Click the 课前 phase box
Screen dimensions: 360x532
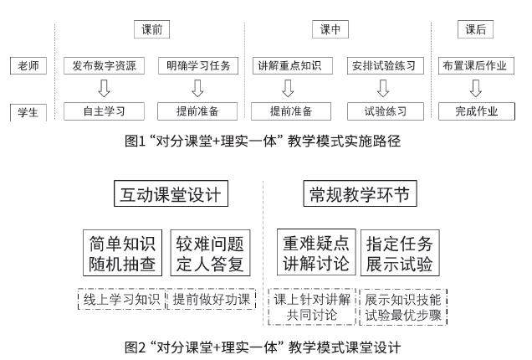[x=152, y=29]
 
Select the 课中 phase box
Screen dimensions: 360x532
[x=330, y=29]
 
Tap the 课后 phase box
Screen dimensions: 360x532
[x=475, y=29]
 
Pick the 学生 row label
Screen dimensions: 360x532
[x=28, y=111]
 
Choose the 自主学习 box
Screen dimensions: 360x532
[x=105, y=111]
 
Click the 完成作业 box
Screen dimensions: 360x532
[x=475, y=111]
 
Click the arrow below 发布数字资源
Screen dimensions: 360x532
[x=105, y=88]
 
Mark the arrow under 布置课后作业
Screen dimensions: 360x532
[x=475, y=88]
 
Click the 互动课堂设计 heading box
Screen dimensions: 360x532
[x=170, y=195]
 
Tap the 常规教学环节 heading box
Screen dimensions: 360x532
[x=358, y=195]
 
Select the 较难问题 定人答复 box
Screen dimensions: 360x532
[x=210, y=255]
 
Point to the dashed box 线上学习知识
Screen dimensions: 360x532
[x=121, y=300]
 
